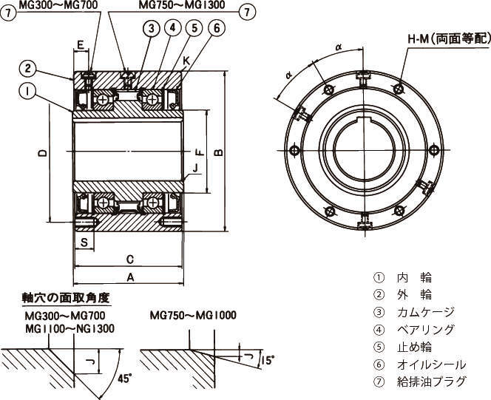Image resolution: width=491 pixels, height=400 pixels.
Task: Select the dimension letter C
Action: pyautogui.click(x=129, y=260)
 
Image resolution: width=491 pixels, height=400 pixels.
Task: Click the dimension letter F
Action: pyautogui.click(x=199, y=152)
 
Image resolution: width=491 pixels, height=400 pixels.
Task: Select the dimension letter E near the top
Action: pyautogui.click(x=81, y=44)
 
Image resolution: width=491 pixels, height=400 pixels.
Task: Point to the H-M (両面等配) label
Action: pyautogui.click(x=448, y=38)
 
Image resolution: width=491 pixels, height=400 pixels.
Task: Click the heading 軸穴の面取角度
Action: pyautogui.click(x=66, y=298)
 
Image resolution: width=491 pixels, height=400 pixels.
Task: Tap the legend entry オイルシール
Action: pyautogui.click(x=431, y=365)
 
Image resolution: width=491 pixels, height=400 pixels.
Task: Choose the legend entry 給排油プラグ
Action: pyautogui.click(x=431, y=382)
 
